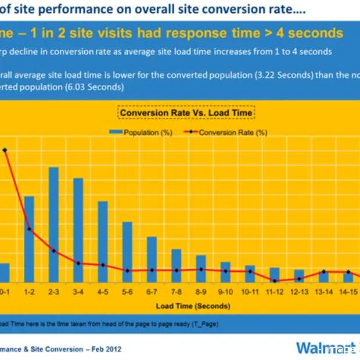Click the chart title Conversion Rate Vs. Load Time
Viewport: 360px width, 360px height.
tap(186, 113)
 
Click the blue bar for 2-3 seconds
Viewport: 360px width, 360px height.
tap(53, 224)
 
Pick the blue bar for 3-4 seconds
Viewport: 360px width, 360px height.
tap(78, 229)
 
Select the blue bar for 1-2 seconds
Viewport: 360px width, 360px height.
tap(29, 238)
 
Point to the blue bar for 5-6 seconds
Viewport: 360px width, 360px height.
tap(127, 251)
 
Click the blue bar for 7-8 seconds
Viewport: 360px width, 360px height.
tap(176, 265)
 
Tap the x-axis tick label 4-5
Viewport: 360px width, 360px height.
tap(102, 291)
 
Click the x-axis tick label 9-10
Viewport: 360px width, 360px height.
tap(225, 291)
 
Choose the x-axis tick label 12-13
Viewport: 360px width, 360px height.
tap(299, 291)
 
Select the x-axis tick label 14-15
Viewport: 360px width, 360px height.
tap(348, 291)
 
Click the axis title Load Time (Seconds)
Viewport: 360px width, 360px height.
tap(193, 305)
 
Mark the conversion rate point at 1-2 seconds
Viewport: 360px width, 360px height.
tap(29, 230)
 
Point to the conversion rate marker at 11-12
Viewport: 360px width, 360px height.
tap(274, 280)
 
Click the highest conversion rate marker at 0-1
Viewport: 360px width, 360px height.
tap(5, 150)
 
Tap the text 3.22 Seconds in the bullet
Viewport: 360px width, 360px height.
tap(267, 74)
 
